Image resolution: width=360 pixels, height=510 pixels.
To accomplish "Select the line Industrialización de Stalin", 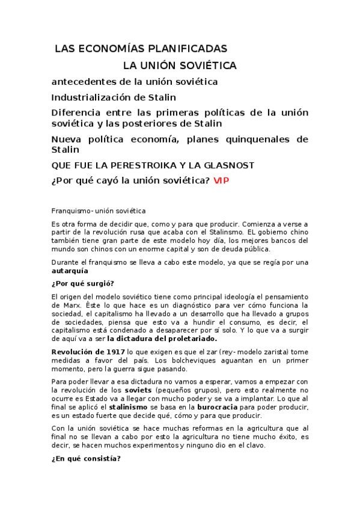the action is (114, 96).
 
